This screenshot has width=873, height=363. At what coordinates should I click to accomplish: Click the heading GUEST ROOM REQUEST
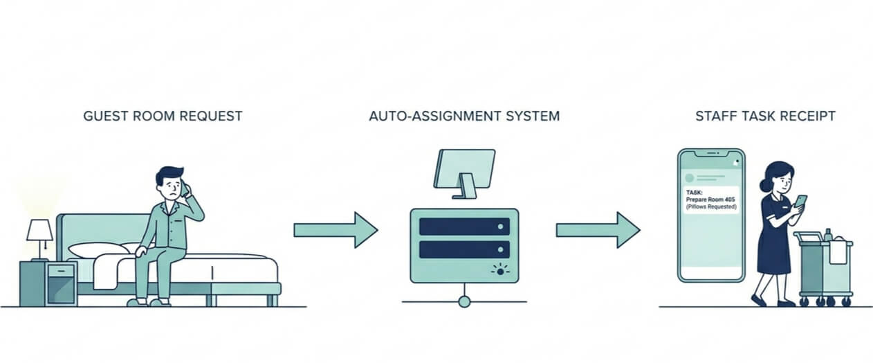(163, 116)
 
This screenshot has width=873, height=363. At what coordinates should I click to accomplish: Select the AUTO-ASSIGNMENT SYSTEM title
(464, 116)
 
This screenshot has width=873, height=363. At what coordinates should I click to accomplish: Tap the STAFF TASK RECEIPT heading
(765, 116)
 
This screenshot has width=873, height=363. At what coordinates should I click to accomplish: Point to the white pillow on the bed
(99, 250)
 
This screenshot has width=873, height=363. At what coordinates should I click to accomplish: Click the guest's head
(170, 184)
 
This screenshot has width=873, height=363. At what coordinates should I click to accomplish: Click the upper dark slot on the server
(464, 226)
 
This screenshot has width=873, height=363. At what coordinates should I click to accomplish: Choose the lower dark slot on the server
(464, 249)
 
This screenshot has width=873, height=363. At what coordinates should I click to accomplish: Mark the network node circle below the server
(464, 301)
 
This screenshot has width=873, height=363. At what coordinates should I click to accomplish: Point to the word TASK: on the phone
(695, 192)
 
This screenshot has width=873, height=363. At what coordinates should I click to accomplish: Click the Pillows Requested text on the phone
(711, 207)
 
